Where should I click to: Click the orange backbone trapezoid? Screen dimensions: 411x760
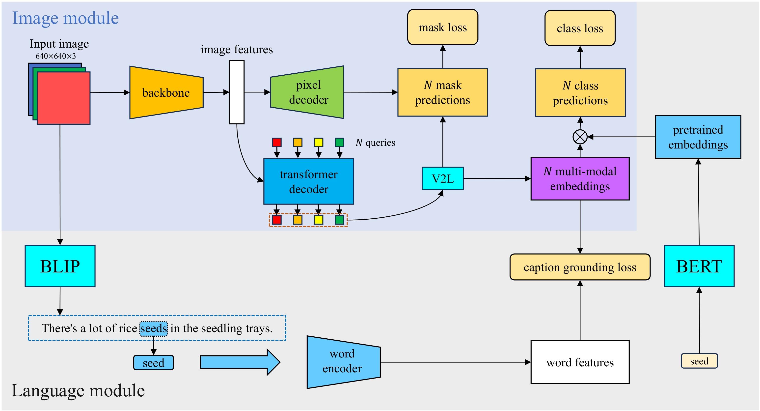tap(166, 92)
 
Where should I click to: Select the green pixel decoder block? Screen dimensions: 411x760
tap(308, 92)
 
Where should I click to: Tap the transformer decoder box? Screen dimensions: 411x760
tap(309, 181)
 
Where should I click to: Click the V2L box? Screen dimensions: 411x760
tap(442, 178)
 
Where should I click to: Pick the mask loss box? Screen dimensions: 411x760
tap(442, 27)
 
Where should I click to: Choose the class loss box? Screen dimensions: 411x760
tap(580, 28)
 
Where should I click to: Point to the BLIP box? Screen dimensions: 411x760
tap(60, 266)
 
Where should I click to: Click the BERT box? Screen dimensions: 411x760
tap(699, 266)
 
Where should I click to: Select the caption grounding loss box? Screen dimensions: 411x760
tap(580, 267)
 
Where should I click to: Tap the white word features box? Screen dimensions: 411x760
tap(580, 362)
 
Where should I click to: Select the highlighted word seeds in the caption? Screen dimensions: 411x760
tap(153, 328)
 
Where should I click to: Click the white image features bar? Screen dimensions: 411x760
tap(237, 92)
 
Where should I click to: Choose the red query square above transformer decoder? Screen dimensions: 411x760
tap(277, 142)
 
